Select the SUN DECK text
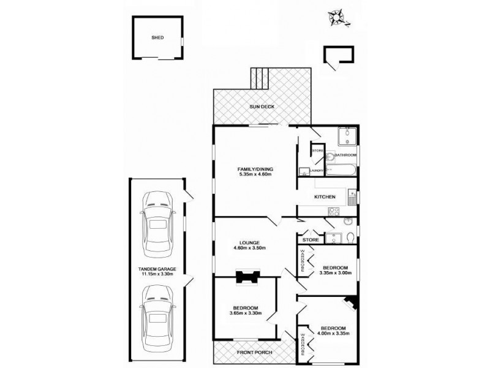click(x=262, y=107)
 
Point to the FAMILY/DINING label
click(x=255, y=169)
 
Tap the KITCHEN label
click(x=325, y=197)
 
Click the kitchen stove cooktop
click(x=334, y=212)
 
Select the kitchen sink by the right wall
click(x=352, y=197)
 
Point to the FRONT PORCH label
click(x=252, y=353)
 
